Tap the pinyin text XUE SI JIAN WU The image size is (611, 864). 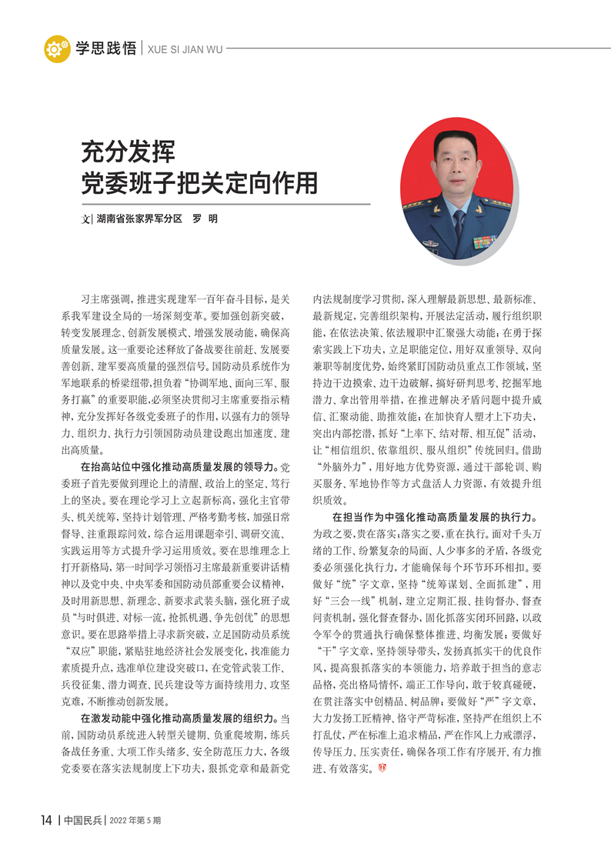[184, 49]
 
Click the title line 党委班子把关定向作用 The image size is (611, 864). [199, 182]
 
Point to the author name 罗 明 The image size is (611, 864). [205, 219]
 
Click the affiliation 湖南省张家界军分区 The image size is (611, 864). [139, 219]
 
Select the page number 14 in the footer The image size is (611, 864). [45, 819]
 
